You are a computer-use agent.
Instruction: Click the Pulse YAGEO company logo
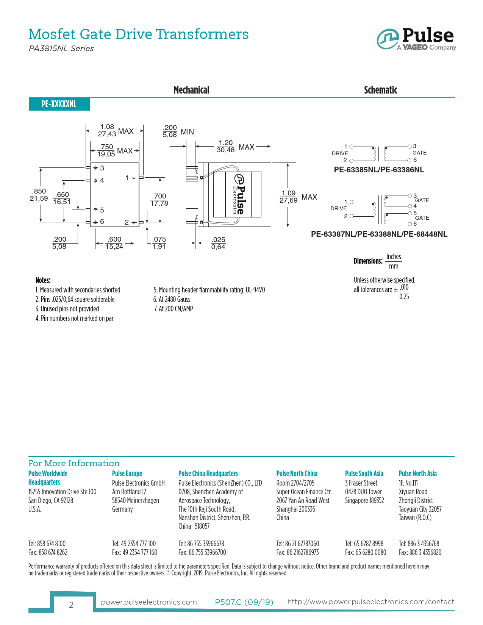click(x=416, y=39)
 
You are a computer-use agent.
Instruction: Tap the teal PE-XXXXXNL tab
click(x=59, y=104)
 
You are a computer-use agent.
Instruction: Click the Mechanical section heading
click(x=191, y=90)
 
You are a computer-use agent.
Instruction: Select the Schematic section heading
click(x=380, y=90)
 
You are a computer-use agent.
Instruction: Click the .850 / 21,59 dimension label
click(x=39, y=195)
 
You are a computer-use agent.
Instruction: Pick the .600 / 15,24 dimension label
click(x=114, y=243)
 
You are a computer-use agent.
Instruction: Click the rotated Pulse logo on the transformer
click(x=239, y=194)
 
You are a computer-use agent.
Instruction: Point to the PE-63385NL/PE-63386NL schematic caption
click(x=379, y=170)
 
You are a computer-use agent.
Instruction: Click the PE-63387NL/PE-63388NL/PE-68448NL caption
click(x=379, y=234)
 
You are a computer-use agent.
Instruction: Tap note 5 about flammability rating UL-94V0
click(x=209, y=290)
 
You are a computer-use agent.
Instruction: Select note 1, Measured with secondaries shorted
click(x=78, y=290)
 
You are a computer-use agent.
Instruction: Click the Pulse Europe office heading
click(x=127, y=473)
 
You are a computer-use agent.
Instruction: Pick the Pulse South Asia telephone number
click(x=364, y=544)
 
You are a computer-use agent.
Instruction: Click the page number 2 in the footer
click(x=71, y=605)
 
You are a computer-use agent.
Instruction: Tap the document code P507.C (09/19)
click(x=244, y=602)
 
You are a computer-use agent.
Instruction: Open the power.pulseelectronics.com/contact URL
click(x=370, y=602)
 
